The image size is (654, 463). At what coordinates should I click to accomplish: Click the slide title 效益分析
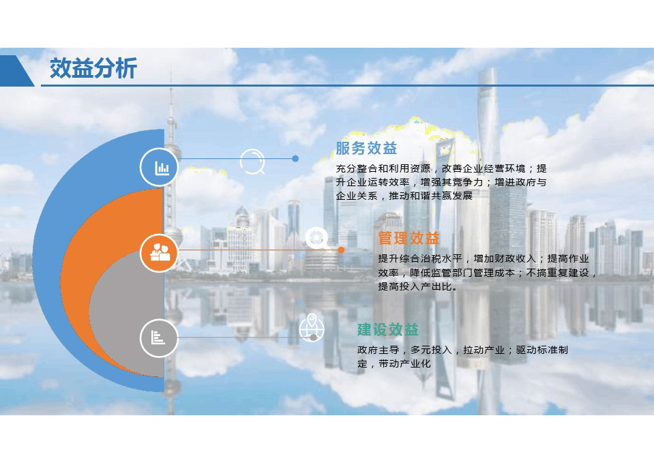pyautogui.click(x=93, y=68)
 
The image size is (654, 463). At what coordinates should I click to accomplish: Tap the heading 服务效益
pyautogui.click(x=366, y=148)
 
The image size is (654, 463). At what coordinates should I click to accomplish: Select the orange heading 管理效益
pyautogui.click(x=408, y=238)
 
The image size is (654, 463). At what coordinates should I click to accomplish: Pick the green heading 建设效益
pyautogui.click(x=388, y=329)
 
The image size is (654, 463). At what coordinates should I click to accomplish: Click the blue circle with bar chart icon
pyautogui.click(x=159, y=167)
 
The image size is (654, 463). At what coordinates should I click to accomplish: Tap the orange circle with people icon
pyautogui.click(x=159, y=253)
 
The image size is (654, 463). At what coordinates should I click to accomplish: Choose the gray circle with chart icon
pyautogui.click(x=159, y=338)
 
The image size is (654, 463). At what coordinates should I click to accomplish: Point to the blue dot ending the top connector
pyautogui.click(x=295, y=158)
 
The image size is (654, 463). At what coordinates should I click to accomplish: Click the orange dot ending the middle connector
pyautogui.click(x=341, y=250)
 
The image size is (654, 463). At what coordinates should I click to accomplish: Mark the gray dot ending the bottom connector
pyautogui.click(x=313, y=338)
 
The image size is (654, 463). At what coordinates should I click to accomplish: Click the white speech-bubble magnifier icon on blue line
pyautogui.click(x=253, y=162)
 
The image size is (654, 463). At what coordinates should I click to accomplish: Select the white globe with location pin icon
pyautogui.click(x=312, y=327)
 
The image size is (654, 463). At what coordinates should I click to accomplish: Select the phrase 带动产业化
pyautogui.click(x=404, y=363)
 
